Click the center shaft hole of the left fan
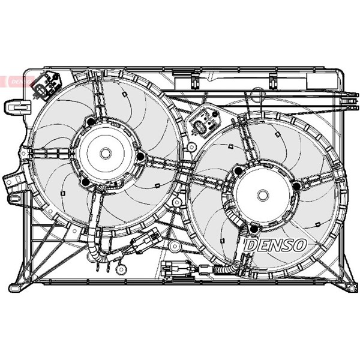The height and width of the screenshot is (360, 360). pyautogui.click(x=106, y=154)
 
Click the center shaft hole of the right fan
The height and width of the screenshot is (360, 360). pyautogui.click(x=263, y=195)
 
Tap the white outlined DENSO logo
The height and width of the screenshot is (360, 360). pyautogui.click(x=275, y=245)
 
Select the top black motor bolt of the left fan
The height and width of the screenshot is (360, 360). pyautogui.click(x=91, y=122)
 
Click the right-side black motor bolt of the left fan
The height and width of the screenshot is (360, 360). pyautogui.click(x=140, y=157)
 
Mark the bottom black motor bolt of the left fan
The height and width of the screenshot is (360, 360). pyautogui.click(x=86, y=182)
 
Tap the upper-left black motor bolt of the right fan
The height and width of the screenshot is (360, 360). pyautogui.click(x=238, y=170)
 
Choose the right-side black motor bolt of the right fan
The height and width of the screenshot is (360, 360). pyautogui.click(x=297, y=186)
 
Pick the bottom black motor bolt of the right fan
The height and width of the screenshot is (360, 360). pyautogui.click(x=254, y=229)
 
